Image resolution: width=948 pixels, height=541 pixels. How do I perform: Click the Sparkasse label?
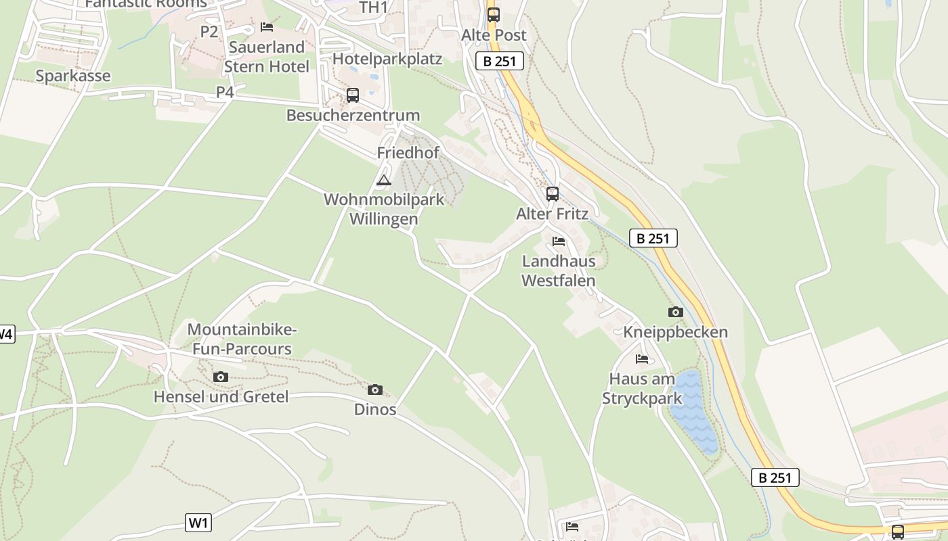72,76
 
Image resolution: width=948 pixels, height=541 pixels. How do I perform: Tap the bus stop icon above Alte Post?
494,14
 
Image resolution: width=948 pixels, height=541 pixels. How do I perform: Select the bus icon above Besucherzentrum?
352,95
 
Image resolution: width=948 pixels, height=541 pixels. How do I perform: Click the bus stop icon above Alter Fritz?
553,194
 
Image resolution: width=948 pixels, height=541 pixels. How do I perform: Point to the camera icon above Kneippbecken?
675,312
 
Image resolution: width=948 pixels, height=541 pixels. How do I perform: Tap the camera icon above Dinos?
374,390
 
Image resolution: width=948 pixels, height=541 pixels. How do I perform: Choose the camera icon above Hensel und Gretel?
220,377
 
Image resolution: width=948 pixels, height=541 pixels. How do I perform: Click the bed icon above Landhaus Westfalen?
559,241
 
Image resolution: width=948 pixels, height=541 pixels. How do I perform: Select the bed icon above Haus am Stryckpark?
642,358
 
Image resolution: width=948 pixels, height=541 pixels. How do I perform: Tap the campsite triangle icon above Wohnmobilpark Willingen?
384,180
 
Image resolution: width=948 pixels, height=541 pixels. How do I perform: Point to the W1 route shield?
198,522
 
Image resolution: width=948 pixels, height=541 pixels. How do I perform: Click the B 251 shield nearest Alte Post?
500,61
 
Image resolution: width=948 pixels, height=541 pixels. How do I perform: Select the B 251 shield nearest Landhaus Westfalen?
653,238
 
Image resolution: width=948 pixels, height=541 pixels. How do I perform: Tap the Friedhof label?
408,153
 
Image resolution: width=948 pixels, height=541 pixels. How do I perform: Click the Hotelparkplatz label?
387,59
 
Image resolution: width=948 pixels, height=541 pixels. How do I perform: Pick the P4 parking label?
225,92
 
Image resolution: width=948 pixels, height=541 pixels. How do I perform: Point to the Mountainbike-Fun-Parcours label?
242,339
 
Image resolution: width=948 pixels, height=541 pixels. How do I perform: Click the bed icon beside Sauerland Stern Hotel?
267,27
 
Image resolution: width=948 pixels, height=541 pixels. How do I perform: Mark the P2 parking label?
209,31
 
